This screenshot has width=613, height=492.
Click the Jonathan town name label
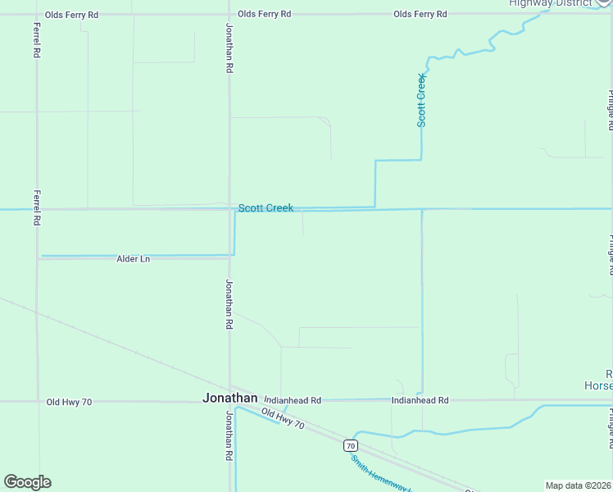point(229,398)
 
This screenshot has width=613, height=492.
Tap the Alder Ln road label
point(134,259)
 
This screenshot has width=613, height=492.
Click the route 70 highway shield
point(351,445)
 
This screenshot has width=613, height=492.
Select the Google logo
point(27,482)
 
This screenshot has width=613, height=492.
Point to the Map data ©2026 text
point(579,485)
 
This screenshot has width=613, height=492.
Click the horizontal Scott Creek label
point(266,208)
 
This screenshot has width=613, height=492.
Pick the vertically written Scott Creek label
point(421,100)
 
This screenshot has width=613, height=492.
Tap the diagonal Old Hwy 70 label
point(283,419)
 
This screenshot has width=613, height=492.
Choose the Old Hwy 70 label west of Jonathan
point(70,402)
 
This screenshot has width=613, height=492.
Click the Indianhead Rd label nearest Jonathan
point(293,400)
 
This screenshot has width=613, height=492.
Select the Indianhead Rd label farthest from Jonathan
point(420,400)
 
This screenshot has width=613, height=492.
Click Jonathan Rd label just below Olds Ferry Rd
point(229,49)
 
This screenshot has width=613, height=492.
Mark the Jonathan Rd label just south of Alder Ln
point(229,305)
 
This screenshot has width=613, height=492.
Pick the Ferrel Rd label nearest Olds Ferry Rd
point(36,39)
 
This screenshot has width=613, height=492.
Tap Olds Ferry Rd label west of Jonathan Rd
point(72,15)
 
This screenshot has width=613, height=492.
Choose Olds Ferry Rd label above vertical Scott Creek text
point(420,15)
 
